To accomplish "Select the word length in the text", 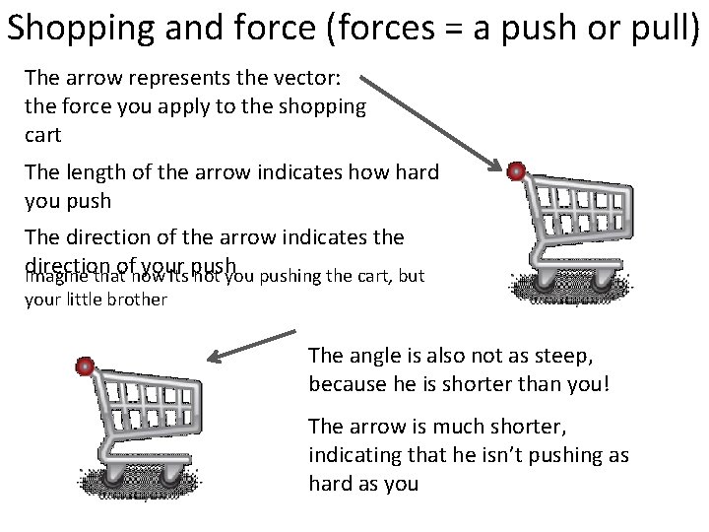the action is coord(95,173).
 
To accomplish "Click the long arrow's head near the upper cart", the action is coord(493,163).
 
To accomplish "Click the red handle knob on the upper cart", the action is coord(515,172).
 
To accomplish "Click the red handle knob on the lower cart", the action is coord(86,366).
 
